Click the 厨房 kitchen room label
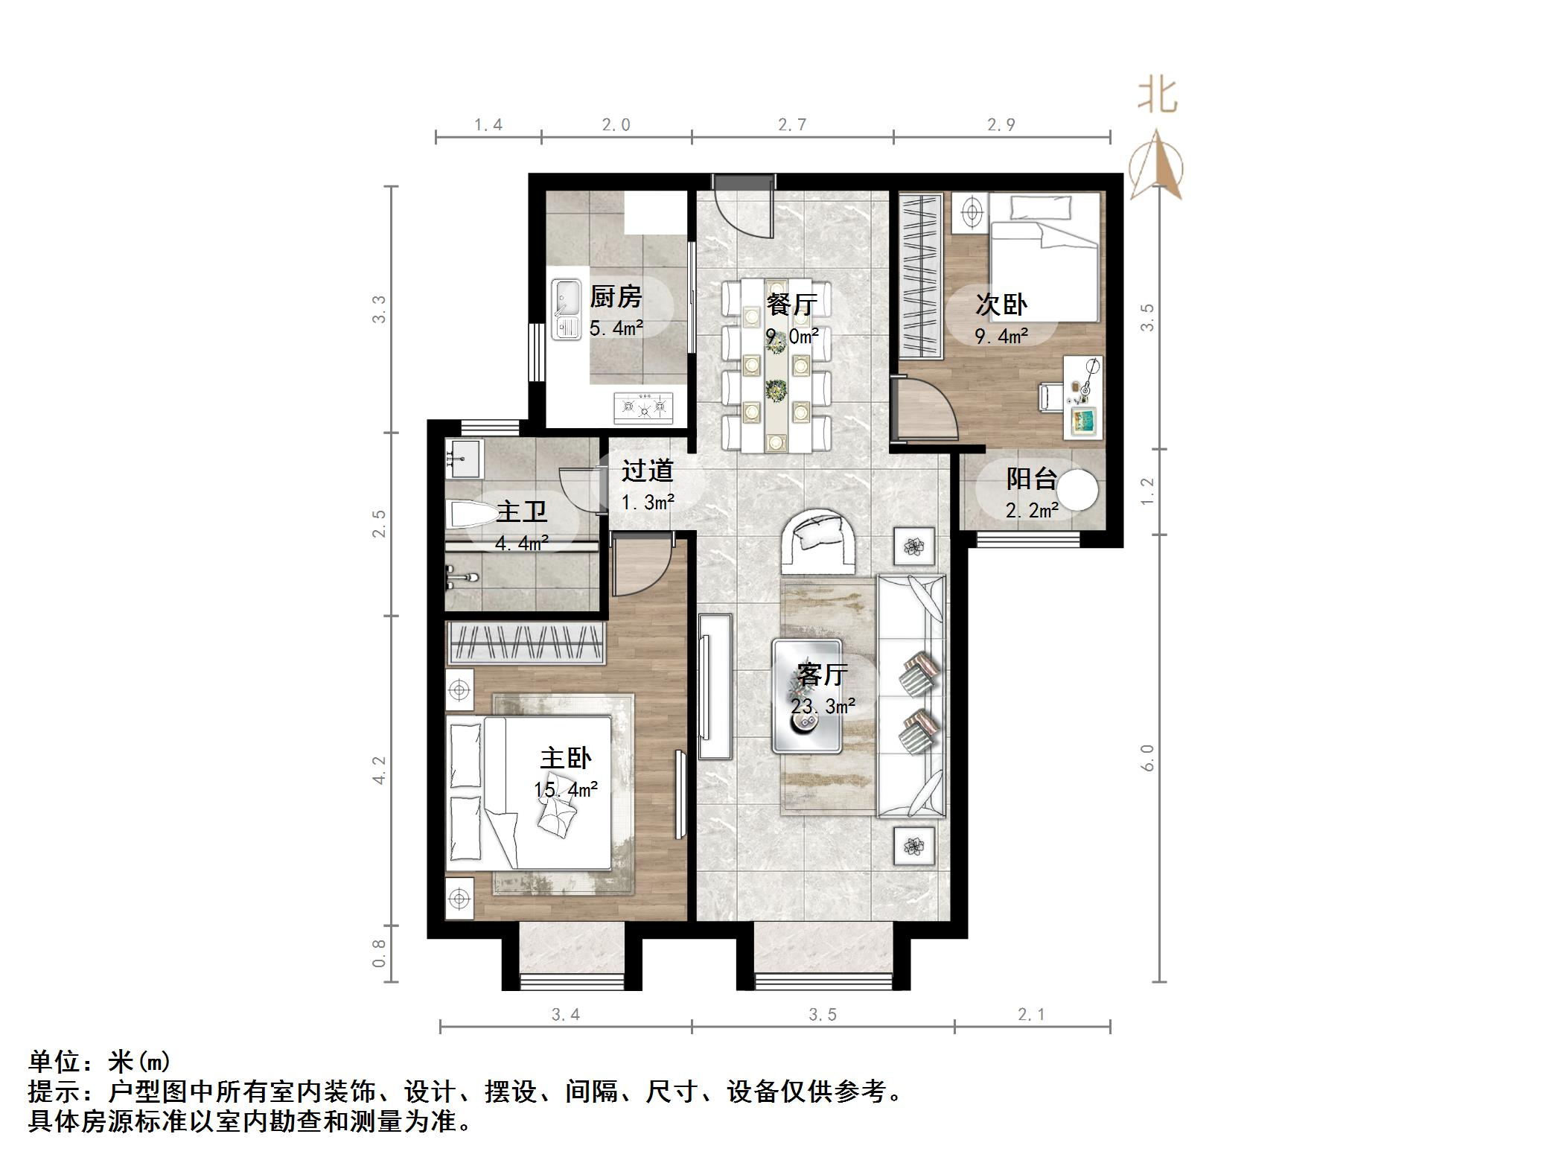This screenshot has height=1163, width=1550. tap(616, 297)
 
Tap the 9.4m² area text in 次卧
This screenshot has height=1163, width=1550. tap(1001, 337)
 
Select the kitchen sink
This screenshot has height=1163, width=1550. tap(567, 310)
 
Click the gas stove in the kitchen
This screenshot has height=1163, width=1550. tap(643, 407)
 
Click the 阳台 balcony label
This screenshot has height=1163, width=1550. tap(1031, 478)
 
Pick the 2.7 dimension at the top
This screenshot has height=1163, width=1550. tap(792, 125)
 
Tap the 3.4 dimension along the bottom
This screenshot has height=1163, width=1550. tap(565, 1014)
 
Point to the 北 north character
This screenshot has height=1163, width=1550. tap(1157, 97)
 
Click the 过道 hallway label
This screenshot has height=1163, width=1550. tap(647, 471)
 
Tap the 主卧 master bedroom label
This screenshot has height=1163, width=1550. tap(566, 759)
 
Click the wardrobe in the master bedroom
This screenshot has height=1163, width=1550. tap(526, 643)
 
